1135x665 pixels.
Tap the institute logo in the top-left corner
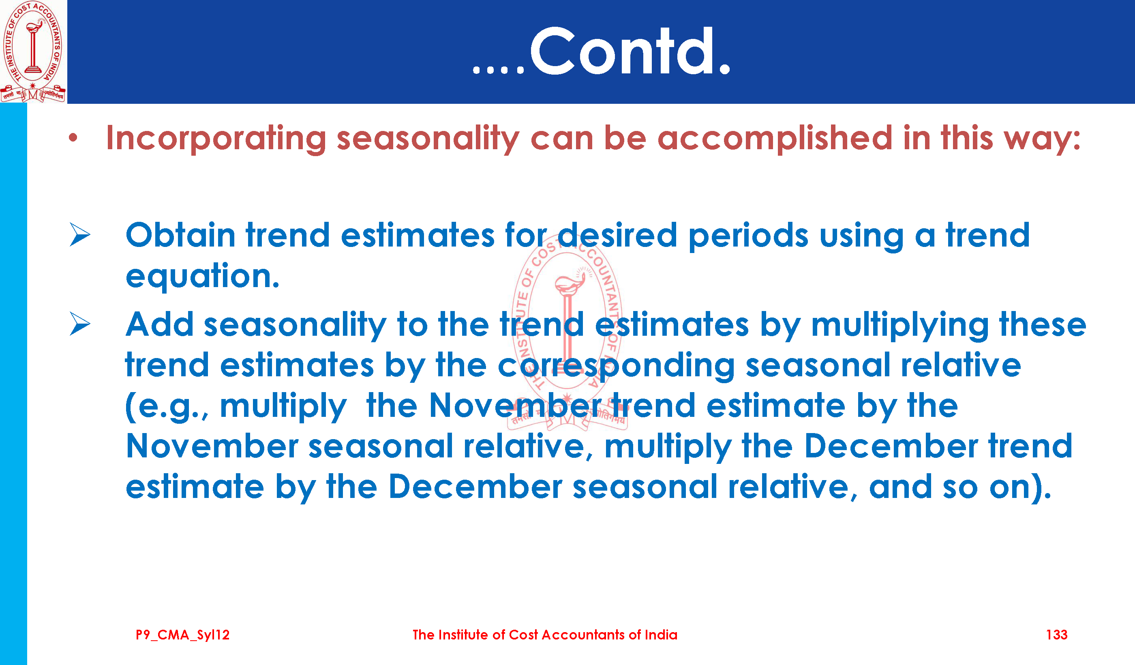(x=33, y=51)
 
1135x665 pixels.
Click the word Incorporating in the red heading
(x=216, y=139)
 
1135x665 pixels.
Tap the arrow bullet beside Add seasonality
(x=80, y=324)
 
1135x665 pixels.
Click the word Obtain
(x=180, y=235)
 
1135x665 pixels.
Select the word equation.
(x=203, y=276)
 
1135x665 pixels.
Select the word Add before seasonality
(x=160, y=324)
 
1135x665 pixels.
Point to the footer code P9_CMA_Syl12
(x=182, y=635)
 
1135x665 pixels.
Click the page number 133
(x=1057, y=635)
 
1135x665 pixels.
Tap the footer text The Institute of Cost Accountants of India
(x=545, y=635)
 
